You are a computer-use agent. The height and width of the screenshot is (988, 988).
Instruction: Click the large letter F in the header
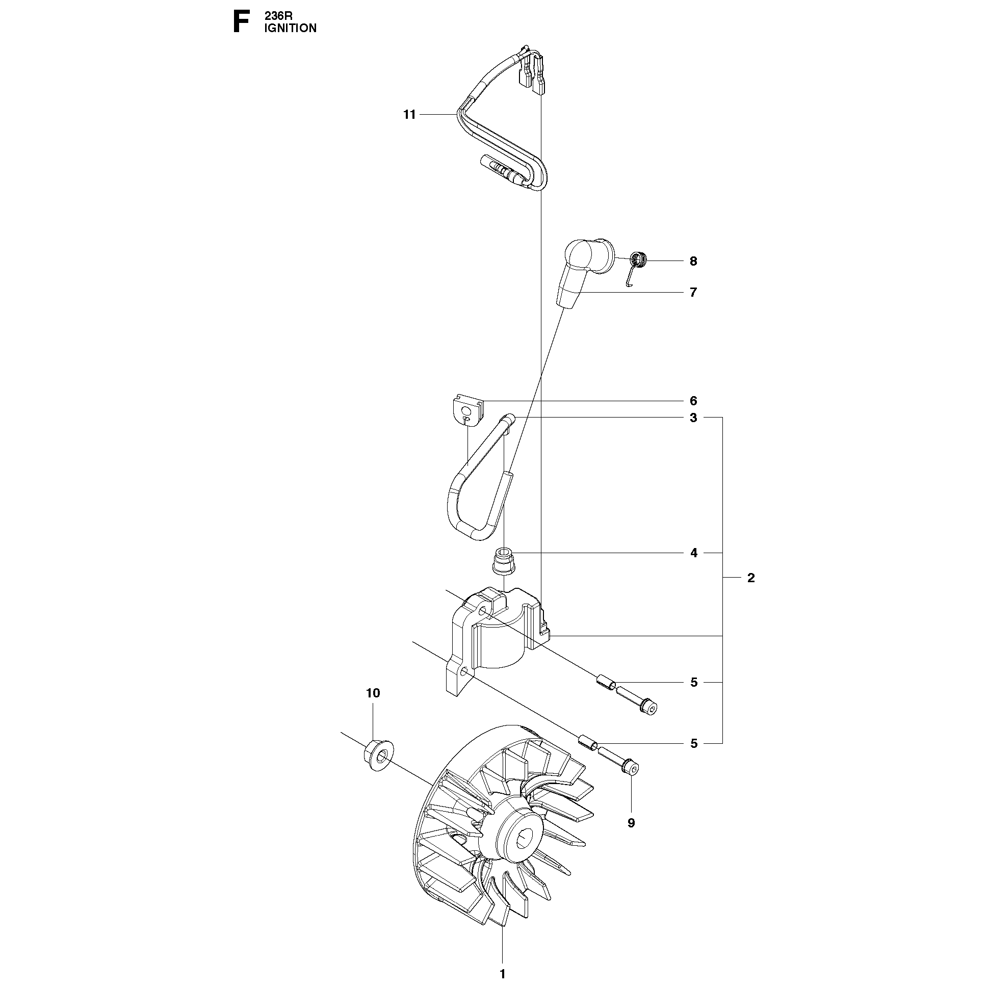[241, 23]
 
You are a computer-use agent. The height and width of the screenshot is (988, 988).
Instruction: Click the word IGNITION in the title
[290, 29]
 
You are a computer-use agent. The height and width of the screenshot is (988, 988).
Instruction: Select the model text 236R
[278, 16]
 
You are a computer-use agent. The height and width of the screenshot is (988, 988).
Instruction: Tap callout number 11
[409, 115]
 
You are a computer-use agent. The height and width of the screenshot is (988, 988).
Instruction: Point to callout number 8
[693, 262]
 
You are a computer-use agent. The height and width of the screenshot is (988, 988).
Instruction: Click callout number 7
[693, 293]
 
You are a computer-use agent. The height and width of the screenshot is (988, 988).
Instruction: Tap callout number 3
[693, 418]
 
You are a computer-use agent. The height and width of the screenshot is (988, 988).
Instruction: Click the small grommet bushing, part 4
[505, 560]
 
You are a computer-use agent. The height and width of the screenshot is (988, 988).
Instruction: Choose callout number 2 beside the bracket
[751, 578]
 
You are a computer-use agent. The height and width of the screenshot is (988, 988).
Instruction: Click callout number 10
[373, 693]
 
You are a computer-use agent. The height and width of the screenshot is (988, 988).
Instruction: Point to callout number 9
[631, 823]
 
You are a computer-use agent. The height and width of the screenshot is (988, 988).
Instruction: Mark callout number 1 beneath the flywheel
[502, 974]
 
